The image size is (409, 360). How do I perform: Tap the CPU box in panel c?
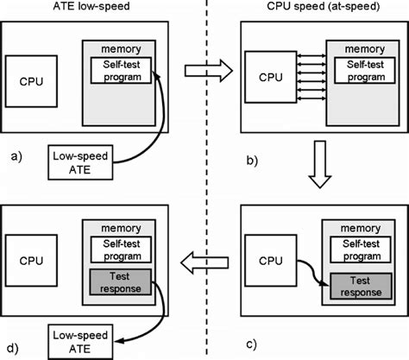pos(268,257)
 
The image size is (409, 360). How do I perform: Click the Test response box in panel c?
pos(356,286)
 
